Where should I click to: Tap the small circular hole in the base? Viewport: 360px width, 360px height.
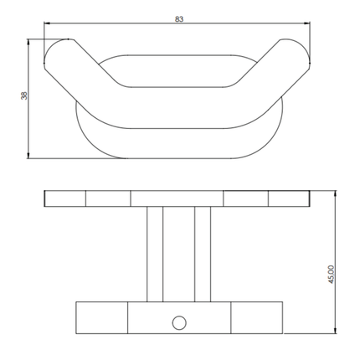point(177,321)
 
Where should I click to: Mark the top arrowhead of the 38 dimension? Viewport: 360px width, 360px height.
point(31,41)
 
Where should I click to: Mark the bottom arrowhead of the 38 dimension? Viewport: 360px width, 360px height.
point(31,155)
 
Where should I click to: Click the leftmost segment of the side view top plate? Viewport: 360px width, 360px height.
point(64,199)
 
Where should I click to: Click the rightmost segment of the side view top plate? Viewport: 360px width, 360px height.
point(290,199)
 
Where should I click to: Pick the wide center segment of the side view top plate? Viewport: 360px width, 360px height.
point(177,199)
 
